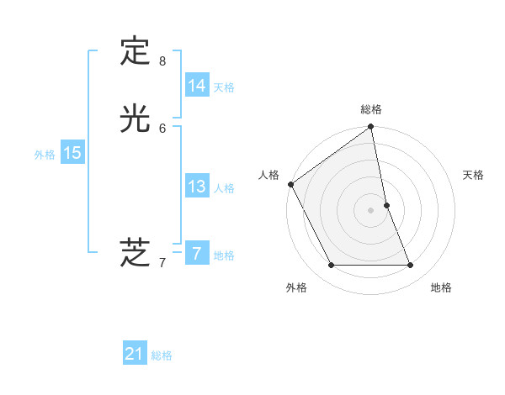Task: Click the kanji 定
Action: [x=135, y=51]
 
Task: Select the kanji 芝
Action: [x=135, y=252]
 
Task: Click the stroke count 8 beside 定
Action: [x=162, y=61]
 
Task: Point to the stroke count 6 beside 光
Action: [x=162, y=128]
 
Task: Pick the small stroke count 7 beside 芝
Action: [x=162, y=263]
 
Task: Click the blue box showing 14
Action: [x=196, y=86]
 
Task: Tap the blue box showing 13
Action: [x=196, y=187]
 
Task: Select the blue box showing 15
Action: [x=72, y=153]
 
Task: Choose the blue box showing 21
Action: [x=135, y=354]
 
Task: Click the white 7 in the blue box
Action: [x=196, y=254]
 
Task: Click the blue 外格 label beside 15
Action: [x=45, y=155]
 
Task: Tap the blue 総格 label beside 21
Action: [x=162, y=355]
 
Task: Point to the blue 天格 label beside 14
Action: [x=224, y=87]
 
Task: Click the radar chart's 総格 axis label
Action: [x=371, y=109]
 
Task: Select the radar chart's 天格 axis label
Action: [x=474, y=175]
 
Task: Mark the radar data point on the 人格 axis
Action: [x=290, y=184]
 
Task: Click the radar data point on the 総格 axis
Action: [x=371, y=128]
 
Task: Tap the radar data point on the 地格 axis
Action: [x=411, y=266]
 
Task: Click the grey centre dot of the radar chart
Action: [x=371, y=210]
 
